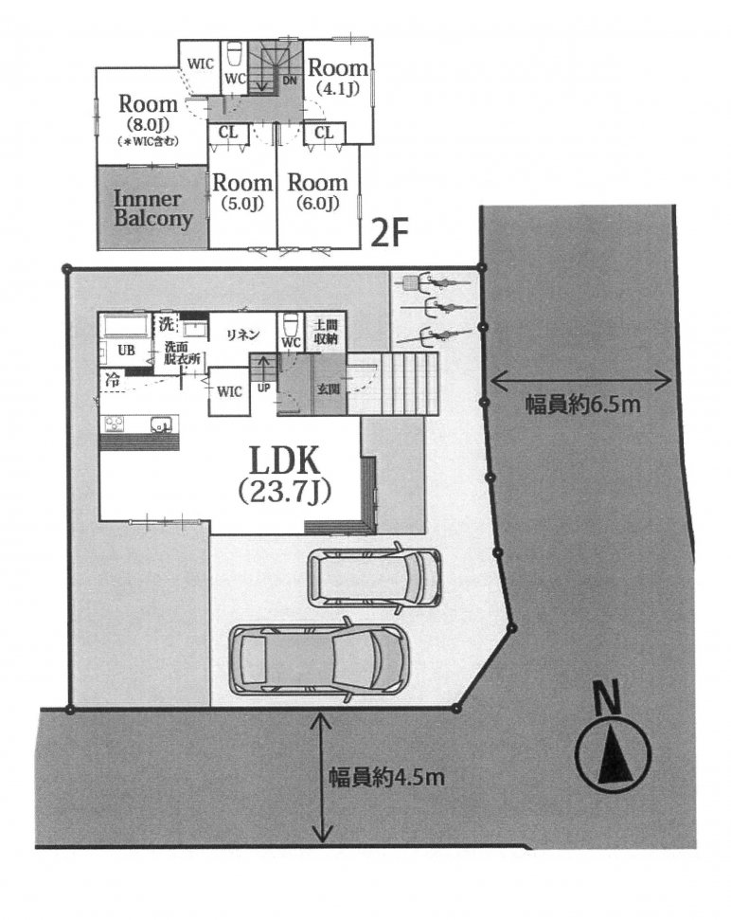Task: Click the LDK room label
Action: coord(285,474)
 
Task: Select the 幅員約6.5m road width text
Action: coord(582,405)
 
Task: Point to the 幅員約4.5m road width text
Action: coord(385,778)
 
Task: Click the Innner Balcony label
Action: coord(152,208)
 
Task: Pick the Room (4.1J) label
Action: coord(338,77)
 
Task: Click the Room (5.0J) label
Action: coord(242,191)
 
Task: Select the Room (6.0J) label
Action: coord(318,191)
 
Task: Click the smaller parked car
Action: coord(375,577)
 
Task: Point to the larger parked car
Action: coord(318,659)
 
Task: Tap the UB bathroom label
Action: coord(126,351)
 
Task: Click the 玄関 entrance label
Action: coord(329,389)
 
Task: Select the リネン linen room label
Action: coord(243,334)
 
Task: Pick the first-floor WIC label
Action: coord(229,391)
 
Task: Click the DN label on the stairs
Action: coord(290,81)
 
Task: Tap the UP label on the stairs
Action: coord(264,388)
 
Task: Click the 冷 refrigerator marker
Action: coord(112,380)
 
